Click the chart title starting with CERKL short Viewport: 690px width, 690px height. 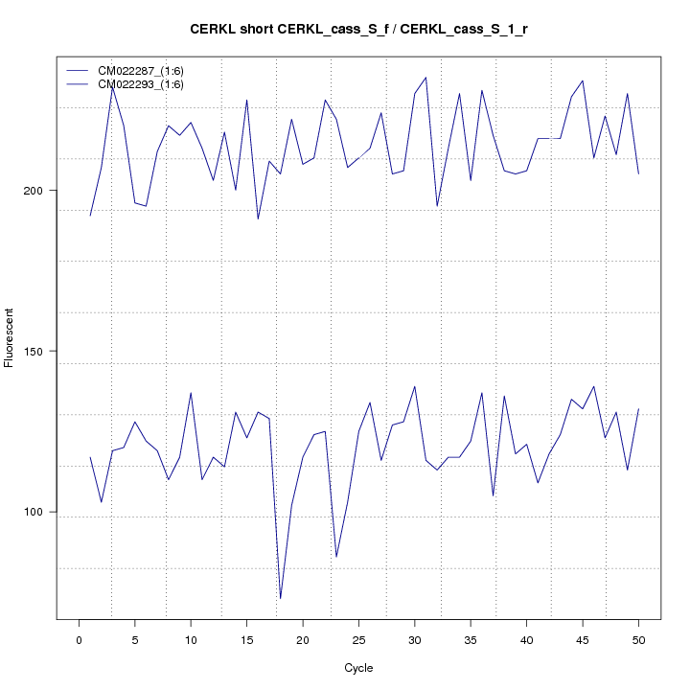(358, 30)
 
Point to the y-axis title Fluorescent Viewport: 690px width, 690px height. (10, 337)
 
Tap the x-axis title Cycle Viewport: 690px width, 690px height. (358, 668)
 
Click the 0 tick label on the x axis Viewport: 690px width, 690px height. (79, 639)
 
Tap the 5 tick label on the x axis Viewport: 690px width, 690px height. (135, 639)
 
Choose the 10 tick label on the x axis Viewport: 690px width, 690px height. (191, 639)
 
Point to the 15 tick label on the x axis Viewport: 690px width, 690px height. (246, 639)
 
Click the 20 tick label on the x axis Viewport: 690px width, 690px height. (303, 639)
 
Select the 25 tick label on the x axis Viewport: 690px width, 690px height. (358, 639)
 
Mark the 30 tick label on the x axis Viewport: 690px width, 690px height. (414, 639)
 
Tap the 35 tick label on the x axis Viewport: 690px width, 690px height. (471, 639)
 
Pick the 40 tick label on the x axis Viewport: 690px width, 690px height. (526, 639)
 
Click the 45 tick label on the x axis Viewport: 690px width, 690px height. (582, 639)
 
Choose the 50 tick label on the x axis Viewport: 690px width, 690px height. (638, 639)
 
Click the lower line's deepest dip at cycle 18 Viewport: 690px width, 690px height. (281, 598)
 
